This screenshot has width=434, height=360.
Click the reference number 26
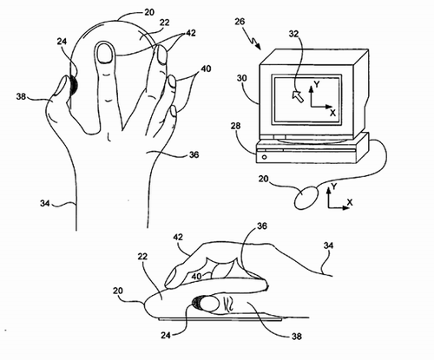(x=240, y=22)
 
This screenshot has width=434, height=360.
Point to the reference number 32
(x=293, y=34)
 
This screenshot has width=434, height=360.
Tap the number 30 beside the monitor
(x=242, y=78)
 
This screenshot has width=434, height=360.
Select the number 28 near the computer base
(x=235, y=126)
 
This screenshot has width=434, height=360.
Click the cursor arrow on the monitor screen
(x=298, y=96)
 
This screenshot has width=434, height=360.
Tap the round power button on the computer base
(x=264, y=157)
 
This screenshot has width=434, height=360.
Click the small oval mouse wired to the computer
(x=306, y=198)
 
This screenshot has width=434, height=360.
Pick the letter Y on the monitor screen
(x=317, y=84)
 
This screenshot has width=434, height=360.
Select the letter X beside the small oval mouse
(x=350, y=202)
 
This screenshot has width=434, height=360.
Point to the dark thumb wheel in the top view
(x=73, y=86)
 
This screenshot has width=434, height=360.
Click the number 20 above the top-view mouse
(x=149, y=12)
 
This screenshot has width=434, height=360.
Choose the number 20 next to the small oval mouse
(x=264, y=179)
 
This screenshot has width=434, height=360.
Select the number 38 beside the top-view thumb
(x=21, y=96)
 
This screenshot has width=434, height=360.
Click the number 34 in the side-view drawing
(x=328, y=245)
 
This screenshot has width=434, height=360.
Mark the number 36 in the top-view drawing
(x=194, y=154)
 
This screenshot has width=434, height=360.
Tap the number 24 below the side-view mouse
(x=166, y=335)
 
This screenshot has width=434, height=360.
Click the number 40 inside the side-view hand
(x=196, y=277)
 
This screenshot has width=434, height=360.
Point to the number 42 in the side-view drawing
(x=178, y=237)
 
